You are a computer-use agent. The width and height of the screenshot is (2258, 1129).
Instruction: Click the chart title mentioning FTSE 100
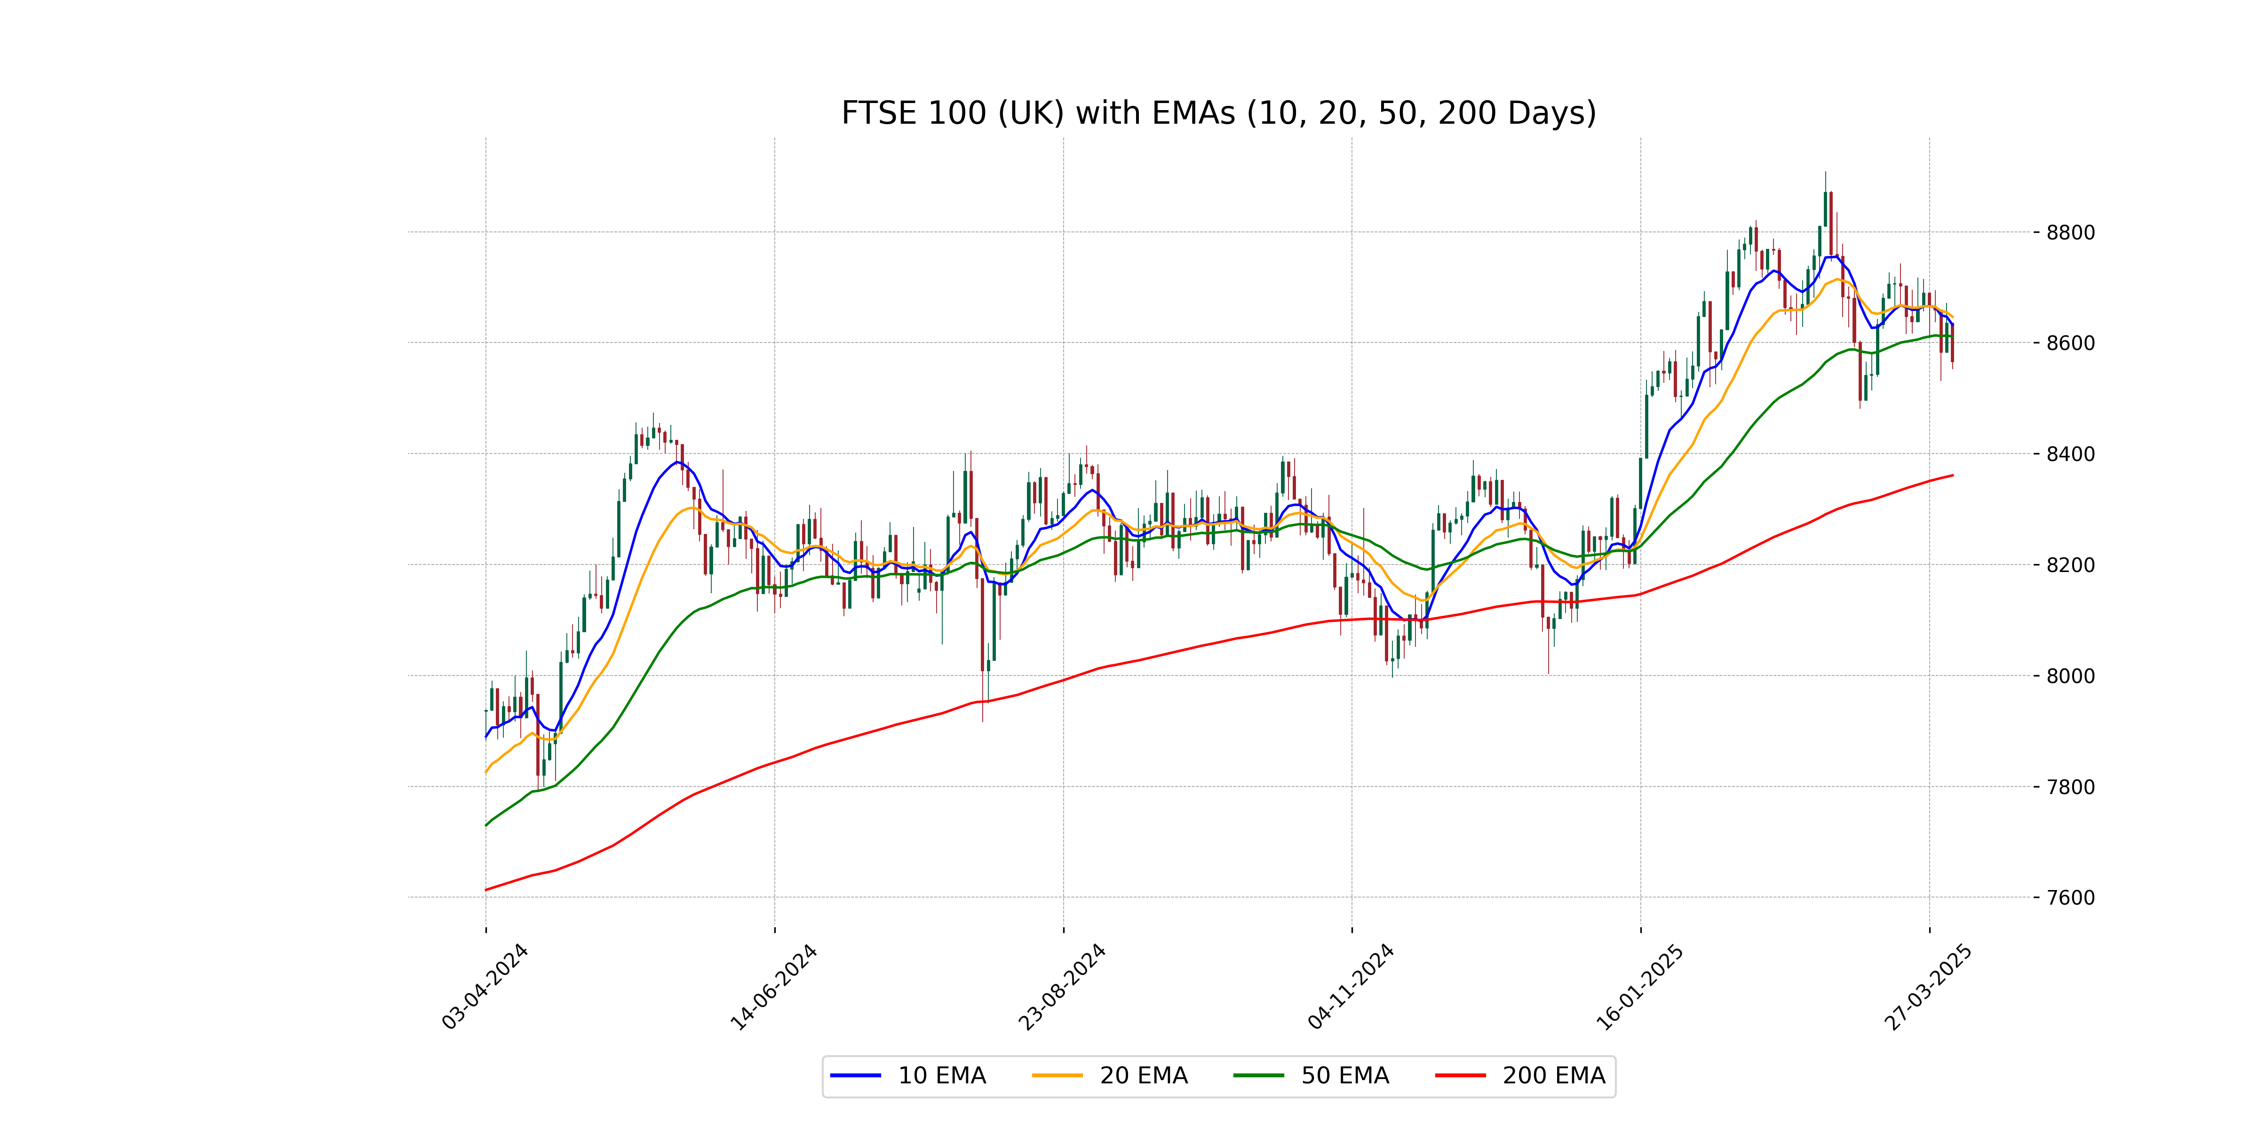click(1218, 113)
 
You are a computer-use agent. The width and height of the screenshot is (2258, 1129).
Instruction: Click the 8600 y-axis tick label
click(2070, 343)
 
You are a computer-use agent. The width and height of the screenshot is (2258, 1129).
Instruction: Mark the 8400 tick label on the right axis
click(2070, 454)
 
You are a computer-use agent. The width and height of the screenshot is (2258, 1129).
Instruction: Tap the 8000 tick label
click(2070, 676)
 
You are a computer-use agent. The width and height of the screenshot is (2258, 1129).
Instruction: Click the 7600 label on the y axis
click(2070, 898)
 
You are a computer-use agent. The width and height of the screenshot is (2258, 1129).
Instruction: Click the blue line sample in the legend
click(856, 1075)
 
